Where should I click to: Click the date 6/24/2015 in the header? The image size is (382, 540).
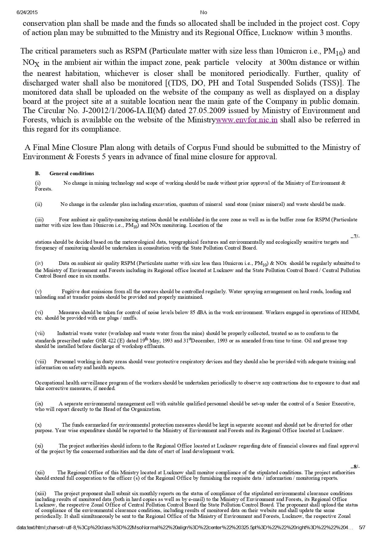point(27,13)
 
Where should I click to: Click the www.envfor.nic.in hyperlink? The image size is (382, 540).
point(247,120)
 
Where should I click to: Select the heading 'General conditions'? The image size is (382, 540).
point(72,174)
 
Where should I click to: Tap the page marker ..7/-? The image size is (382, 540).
point(355,236)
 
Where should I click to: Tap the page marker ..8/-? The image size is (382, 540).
point(355,467)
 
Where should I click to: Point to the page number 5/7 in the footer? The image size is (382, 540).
point(362,528)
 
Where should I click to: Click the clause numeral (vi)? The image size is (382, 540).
point(39,312)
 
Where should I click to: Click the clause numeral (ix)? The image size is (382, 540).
point(39,404)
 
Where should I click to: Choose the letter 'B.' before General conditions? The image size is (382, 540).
point(38,174)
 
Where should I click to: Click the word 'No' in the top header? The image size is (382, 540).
point(204,13)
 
